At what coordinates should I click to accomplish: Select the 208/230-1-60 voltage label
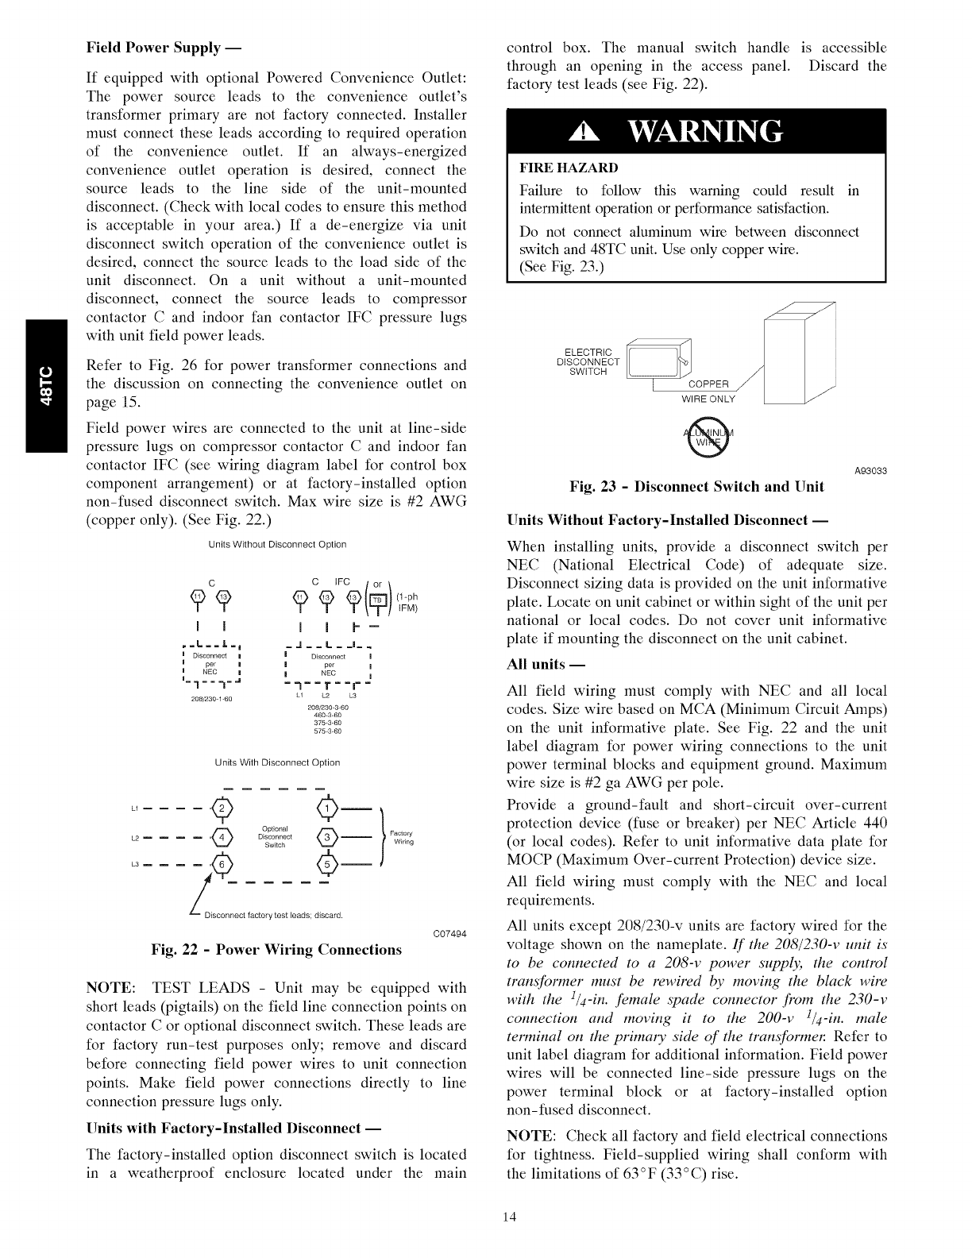[211, 699]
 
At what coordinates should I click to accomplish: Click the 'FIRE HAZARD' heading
[568, 168]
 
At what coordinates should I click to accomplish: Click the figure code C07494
[449, 933]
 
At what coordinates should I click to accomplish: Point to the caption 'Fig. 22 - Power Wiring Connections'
[276, 950]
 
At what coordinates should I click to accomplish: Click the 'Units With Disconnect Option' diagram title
[277, 762]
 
